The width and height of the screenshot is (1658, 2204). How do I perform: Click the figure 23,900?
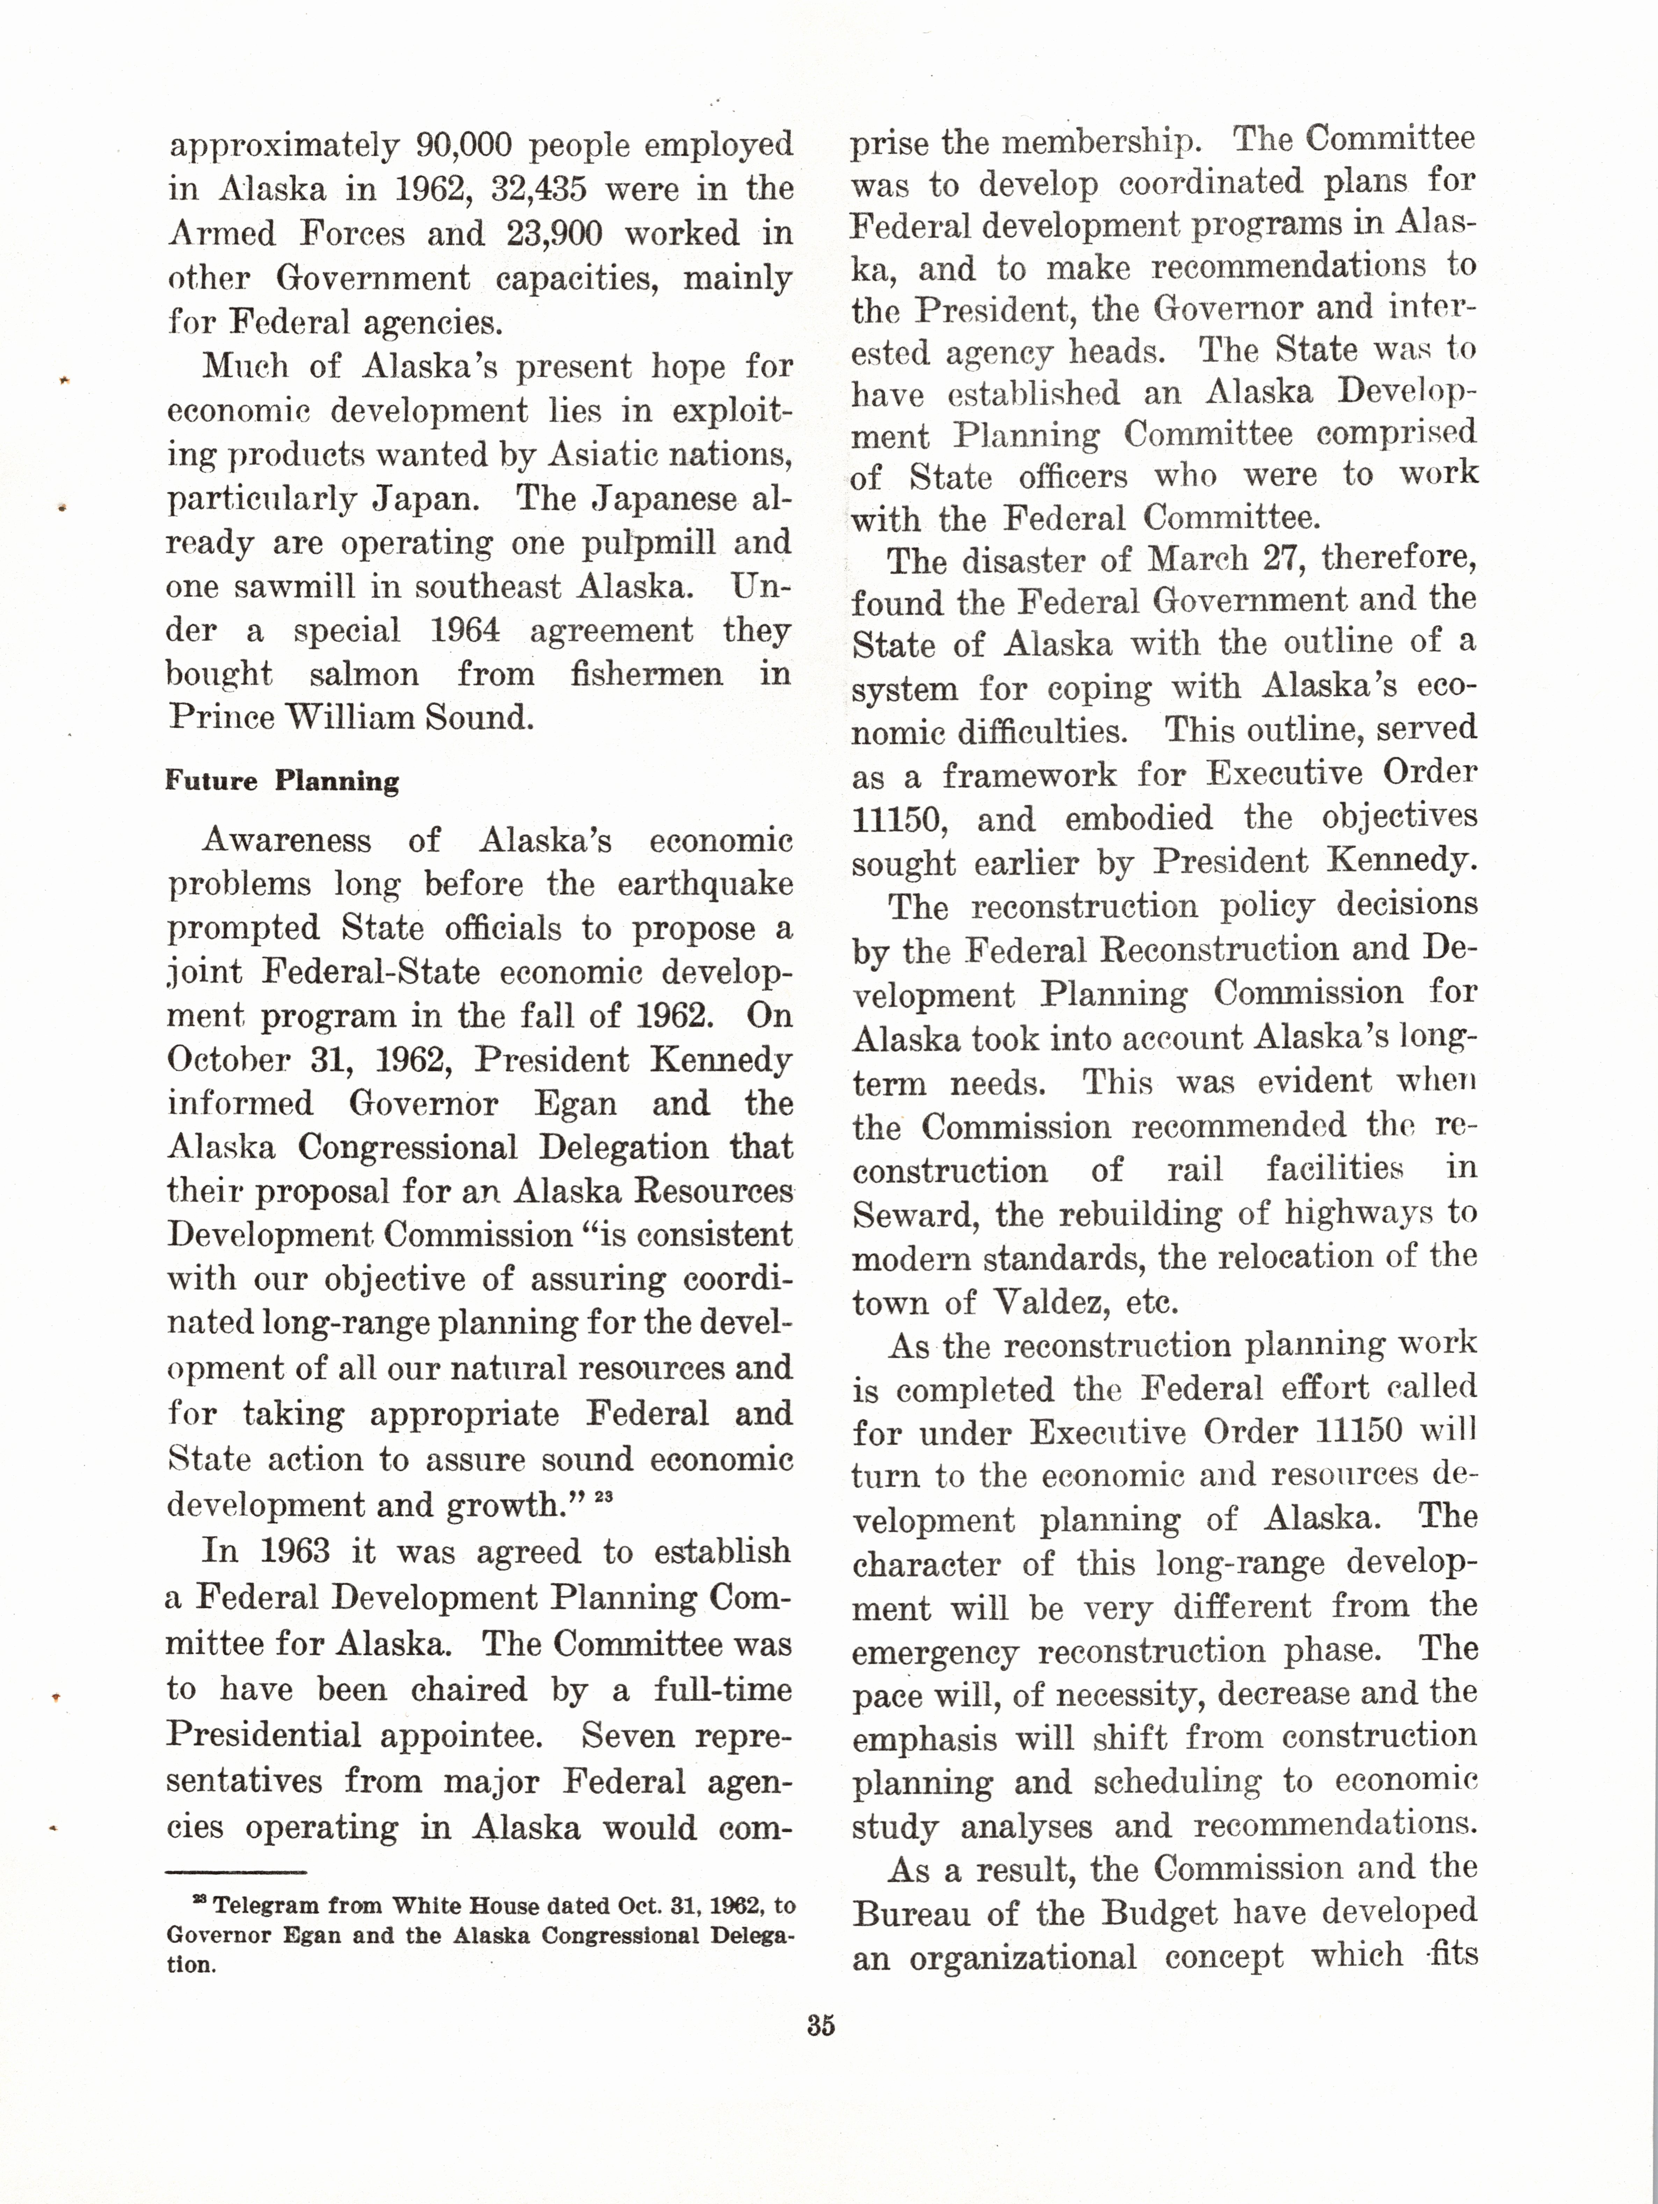click(x=554, y=233)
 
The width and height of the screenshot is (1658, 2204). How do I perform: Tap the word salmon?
click(x=364, y=675)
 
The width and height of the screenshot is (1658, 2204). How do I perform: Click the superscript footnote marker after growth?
click(x=603, y=1496)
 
